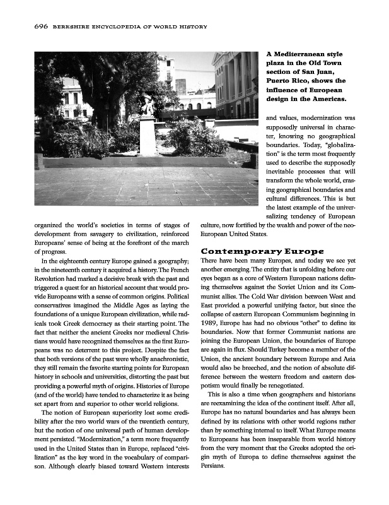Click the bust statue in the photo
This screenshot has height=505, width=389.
coord(148,105)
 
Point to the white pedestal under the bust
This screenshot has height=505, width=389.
coord(148,136)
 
